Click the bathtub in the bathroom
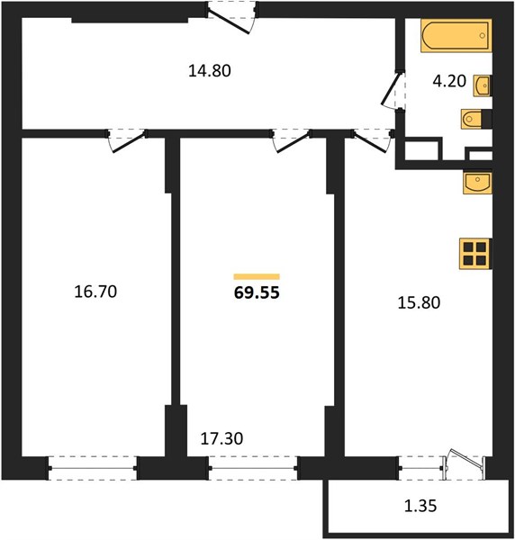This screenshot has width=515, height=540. (456, 36)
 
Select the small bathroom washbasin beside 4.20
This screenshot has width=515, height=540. (483, 85)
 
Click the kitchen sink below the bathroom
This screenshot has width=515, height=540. (477, 183)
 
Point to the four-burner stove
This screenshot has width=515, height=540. (475, 254)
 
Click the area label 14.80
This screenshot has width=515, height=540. (210, 71)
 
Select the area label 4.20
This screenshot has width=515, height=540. (449, 81)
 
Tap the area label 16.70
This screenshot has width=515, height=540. (95, 292)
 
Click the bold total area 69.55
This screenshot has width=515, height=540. (257, 293)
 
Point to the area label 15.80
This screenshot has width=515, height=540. (419, 303)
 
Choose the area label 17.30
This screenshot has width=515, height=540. (221, 439)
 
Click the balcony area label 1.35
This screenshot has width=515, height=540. (420, 506)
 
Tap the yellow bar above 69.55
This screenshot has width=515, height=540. (257, 276)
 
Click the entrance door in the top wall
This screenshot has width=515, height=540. (231, 18)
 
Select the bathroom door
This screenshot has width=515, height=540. (393, 89)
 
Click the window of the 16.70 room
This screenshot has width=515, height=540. (93, 468)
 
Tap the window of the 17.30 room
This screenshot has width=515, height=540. (253, 468)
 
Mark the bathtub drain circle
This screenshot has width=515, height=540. (483, 35)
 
